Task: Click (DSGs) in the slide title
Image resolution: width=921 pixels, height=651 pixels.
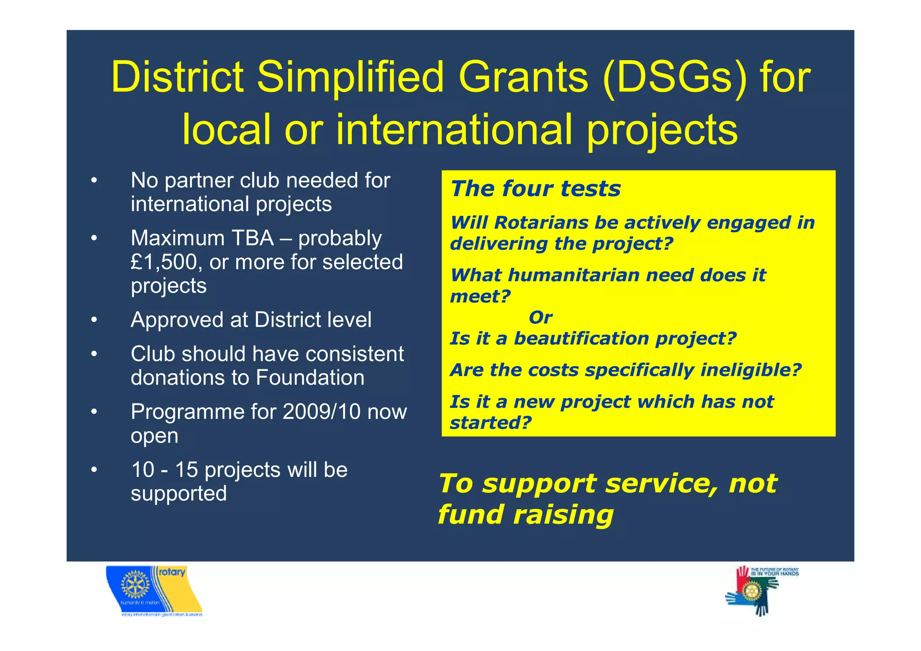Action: [675, 77]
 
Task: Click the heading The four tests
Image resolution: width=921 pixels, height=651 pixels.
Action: [535, 189]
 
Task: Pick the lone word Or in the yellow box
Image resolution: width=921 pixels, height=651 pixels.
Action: [540, 318]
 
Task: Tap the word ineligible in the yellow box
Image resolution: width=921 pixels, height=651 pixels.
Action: [751, 370]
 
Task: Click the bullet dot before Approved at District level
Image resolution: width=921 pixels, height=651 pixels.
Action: [94, 320]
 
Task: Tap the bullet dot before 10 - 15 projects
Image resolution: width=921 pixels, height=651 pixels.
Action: [94, 470]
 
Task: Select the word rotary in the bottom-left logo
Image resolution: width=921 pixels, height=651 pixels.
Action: [172, 572]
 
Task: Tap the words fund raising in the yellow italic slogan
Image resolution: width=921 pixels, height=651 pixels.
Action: [525, 515]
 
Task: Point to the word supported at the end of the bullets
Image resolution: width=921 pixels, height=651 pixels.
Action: [179, 494]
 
